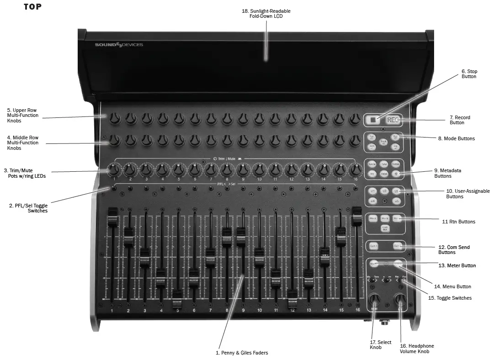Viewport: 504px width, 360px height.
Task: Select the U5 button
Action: pyautogui.click(x=397, y=201)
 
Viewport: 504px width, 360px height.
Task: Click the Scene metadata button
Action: pyautogui.click(x=372, y=164)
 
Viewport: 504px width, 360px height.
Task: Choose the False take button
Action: pyautogui.click(x=384, y=174)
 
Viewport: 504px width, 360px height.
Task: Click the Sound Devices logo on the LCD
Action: pyautogui.click(x=119, y=44)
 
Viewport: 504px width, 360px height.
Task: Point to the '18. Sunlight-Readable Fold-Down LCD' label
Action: pyautogui.click(x=266, y=13)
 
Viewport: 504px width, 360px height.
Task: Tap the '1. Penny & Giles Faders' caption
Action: pyautogui.click(x=242, y=353)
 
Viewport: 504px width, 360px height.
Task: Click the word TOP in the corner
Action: pyautogui.click(x=32, y=7)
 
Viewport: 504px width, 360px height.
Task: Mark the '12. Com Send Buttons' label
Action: pyautogui.click(x=454, y=249)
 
